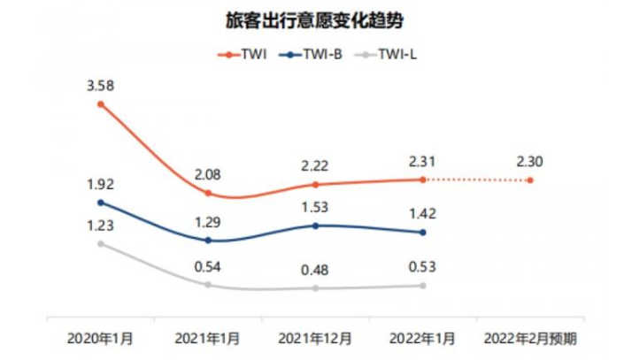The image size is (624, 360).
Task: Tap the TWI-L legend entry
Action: coord(394,54)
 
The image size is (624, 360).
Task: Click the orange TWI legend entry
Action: coord(246,54)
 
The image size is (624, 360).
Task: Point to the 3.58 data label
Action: coord(101,85)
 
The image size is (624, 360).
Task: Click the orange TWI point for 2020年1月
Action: coord(101,104)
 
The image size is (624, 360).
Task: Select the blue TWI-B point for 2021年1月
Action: coord(208,240)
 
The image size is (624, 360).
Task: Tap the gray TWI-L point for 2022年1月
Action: coord(422,285)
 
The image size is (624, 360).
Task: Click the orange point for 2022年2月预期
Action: coord(530,180)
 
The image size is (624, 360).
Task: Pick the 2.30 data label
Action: coord(530,162)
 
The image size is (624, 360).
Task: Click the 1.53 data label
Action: coord(315,208)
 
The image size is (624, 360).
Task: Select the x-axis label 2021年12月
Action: coord(315,338)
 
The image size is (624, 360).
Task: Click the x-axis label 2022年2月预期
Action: coord(530,338)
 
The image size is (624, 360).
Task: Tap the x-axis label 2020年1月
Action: coord(101,338)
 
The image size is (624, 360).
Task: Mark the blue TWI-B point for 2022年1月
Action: coord(422,233)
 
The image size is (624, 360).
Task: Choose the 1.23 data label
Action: coord(101,225)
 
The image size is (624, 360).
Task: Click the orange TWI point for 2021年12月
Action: coord(315,185)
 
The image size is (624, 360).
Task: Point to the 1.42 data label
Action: coord(422,214)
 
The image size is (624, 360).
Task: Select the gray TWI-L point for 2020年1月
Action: coord(101,243)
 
